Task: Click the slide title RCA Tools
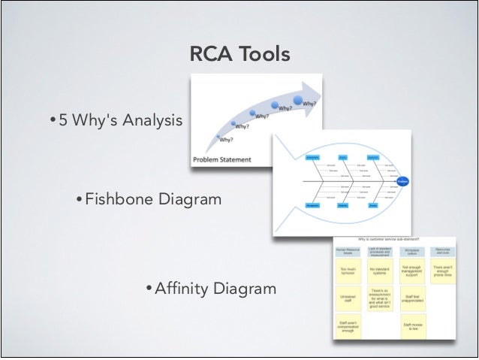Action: (239, 55)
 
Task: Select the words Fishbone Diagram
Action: (152, 199)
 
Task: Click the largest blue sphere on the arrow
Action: (299, 100)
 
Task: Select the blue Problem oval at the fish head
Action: (402, 181)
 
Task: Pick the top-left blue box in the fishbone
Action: (313, 157)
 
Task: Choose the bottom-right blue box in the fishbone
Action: (372, 204)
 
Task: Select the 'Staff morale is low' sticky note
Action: (413, 325)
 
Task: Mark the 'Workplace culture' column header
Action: (413, 250)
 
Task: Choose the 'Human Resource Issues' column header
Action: (348, 250)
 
